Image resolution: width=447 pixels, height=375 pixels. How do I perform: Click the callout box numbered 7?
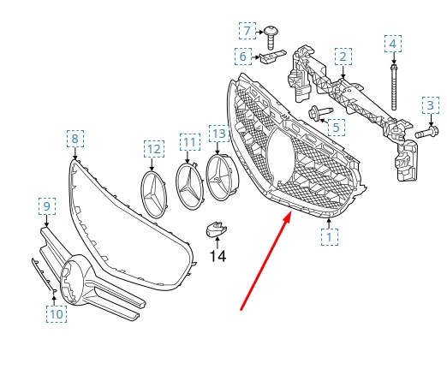247,31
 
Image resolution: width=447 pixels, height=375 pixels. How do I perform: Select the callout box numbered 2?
343,57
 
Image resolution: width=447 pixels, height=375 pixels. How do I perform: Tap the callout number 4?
393,44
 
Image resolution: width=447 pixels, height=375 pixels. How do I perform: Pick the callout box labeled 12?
154,149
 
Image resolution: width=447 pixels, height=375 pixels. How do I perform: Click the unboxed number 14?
218,256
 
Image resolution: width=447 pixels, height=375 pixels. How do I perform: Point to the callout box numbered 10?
57,314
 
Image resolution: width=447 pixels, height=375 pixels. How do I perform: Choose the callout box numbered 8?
75,139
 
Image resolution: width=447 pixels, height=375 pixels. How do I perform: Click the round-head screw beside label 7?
271,38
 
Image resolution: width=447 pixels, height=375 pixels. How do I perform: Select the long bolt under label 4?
394,87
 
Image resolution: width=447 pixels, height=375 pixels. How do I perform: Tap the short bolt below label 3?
426,132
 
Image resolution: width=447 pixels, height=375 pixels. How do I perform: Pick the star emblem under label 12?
154,194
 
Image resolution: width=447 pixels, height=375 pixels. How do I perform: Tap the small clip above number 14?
217,229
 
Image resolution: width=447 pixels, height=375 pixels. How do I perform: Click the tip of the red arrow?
291,212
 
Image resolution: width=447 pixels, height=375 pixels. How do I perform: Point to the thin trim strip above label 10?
44,275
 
